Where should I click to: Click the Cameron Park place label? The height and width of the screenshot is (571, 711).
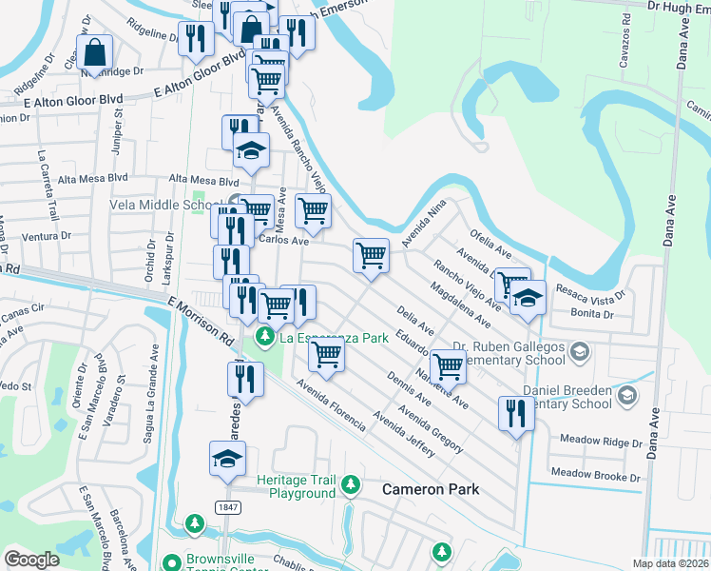(431, 489)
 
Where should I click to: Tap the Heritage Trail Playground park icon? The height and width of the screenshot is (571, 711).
(350, 485)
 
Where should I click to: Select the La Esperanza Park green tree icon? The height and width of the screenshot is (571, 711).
(264, 337)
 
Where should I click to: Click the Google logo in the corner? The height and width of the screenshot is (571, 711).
(31, 559)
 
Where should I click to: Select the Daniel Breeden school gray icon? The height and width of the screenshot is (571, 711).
(625, 395)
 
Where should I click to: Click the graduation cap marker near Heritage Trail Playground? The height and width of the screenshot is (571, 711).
(227, 459)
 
